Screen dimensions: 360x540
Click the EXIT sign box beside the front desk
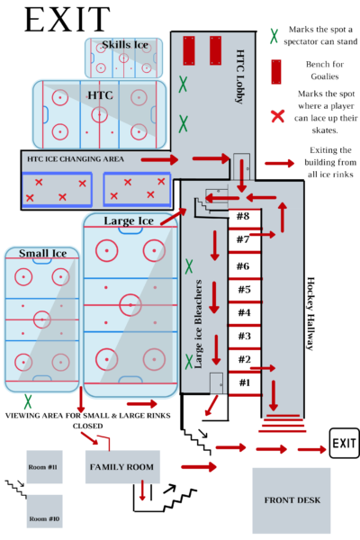tap(344, 443)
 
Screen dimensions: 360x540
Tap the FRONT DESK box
tap(292, 500)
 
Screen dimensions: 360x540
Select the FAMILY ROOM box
tap(122, 466)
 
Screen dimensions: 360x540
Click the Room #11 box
tap(44, 466)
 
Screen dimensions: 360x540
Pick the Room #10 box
tap(44, 511)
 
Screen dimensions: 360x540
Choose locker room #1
tap(244, 383)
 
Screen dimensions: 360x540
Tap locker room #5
tap(244, 290)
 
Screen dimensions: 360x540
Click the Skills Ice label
tap(125, 45)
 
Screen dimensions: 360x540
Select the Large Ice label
tap(129, 220)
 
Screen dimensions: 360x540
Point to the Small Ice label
tap(42, 254)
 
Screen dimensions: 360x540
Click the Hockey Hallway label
tap(310, 314)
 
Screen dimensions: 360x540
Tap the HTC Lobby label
tap(240, 76)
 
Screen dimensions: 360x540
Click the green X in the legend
tap(274, 36)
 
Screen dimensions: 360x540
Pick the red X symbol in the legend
tap(277, 116)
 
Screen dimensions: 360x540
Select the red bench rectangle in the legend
tap(276, 72)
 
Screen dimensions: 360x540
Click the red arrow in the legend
tap(280, 163)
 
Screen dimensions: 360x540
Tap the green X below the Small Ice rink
tap(28, 401)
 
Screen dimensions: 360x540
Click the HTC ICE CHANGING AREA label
tap(76, 159)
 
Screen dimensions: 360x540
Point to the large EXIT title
tap(67, 20)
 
